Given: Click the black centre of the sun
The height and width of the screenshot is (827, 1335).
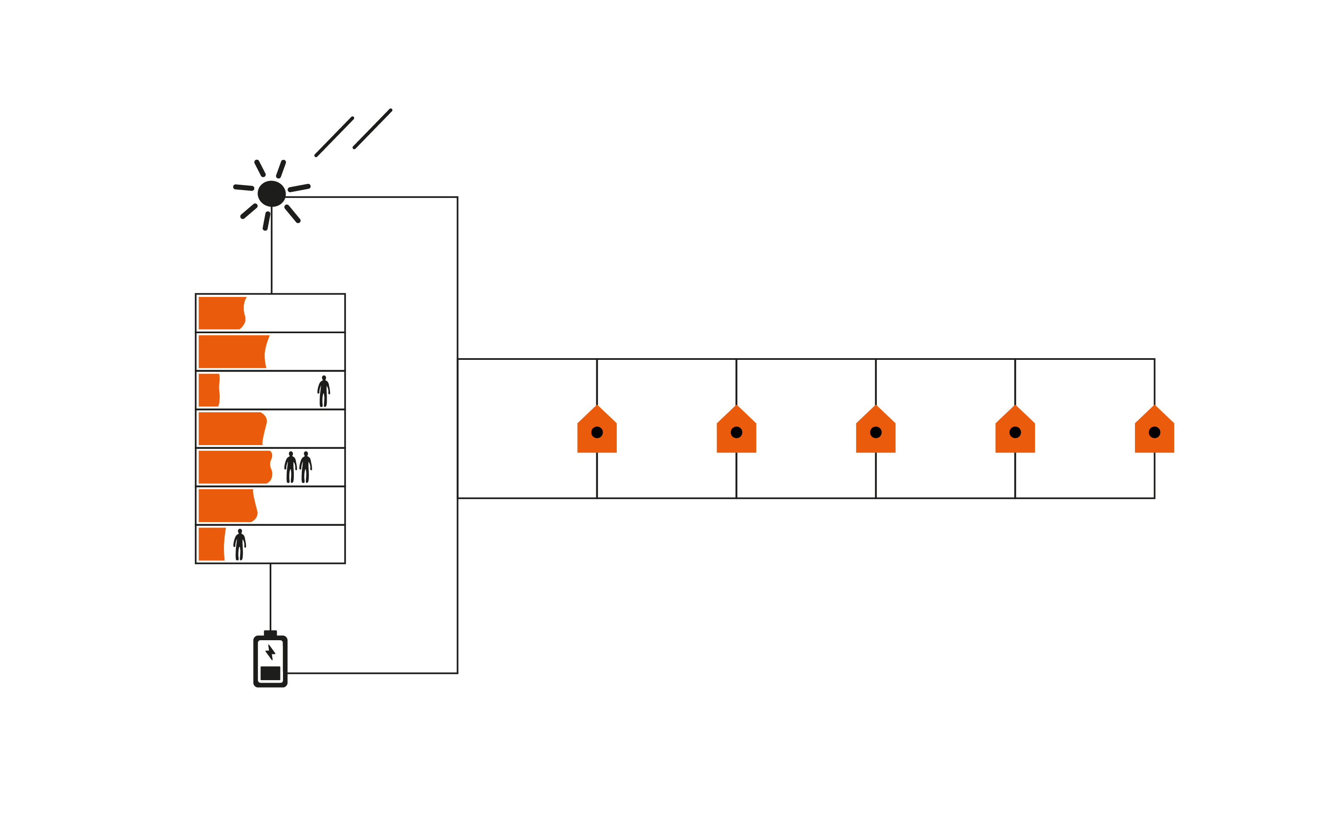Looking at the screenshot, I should (271, 193).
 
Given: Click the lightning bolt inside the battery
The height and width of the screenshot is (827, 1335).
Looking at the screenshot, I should (270, 652).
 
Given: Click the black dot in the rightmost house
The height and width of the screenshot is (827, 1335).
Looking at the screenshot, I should (1154, 432).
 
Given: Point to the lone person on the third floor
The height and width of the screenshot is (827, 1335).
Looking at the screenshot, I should (323, 391).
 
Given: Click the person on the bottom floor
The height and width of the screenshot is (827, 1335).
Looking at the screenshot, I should (240, 545).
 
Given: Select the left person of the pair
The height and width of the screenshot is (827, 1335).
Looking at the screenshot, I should (290, 467).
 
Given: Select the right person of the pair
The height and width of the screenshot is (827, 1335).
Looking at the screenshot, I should (306, 467).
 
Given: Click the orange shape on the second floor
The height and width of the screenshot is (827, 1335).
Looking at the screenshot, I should (232, 351).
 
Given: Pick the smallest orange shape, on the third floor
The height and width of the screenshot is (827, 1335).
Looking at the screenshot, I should (208, 390).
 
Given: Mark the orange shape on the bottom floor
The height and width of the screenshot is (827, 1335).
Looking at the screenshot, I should (211, 544).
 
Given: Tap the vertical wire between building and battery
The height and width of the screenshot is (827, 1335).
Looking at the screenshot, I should (270, 596).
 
